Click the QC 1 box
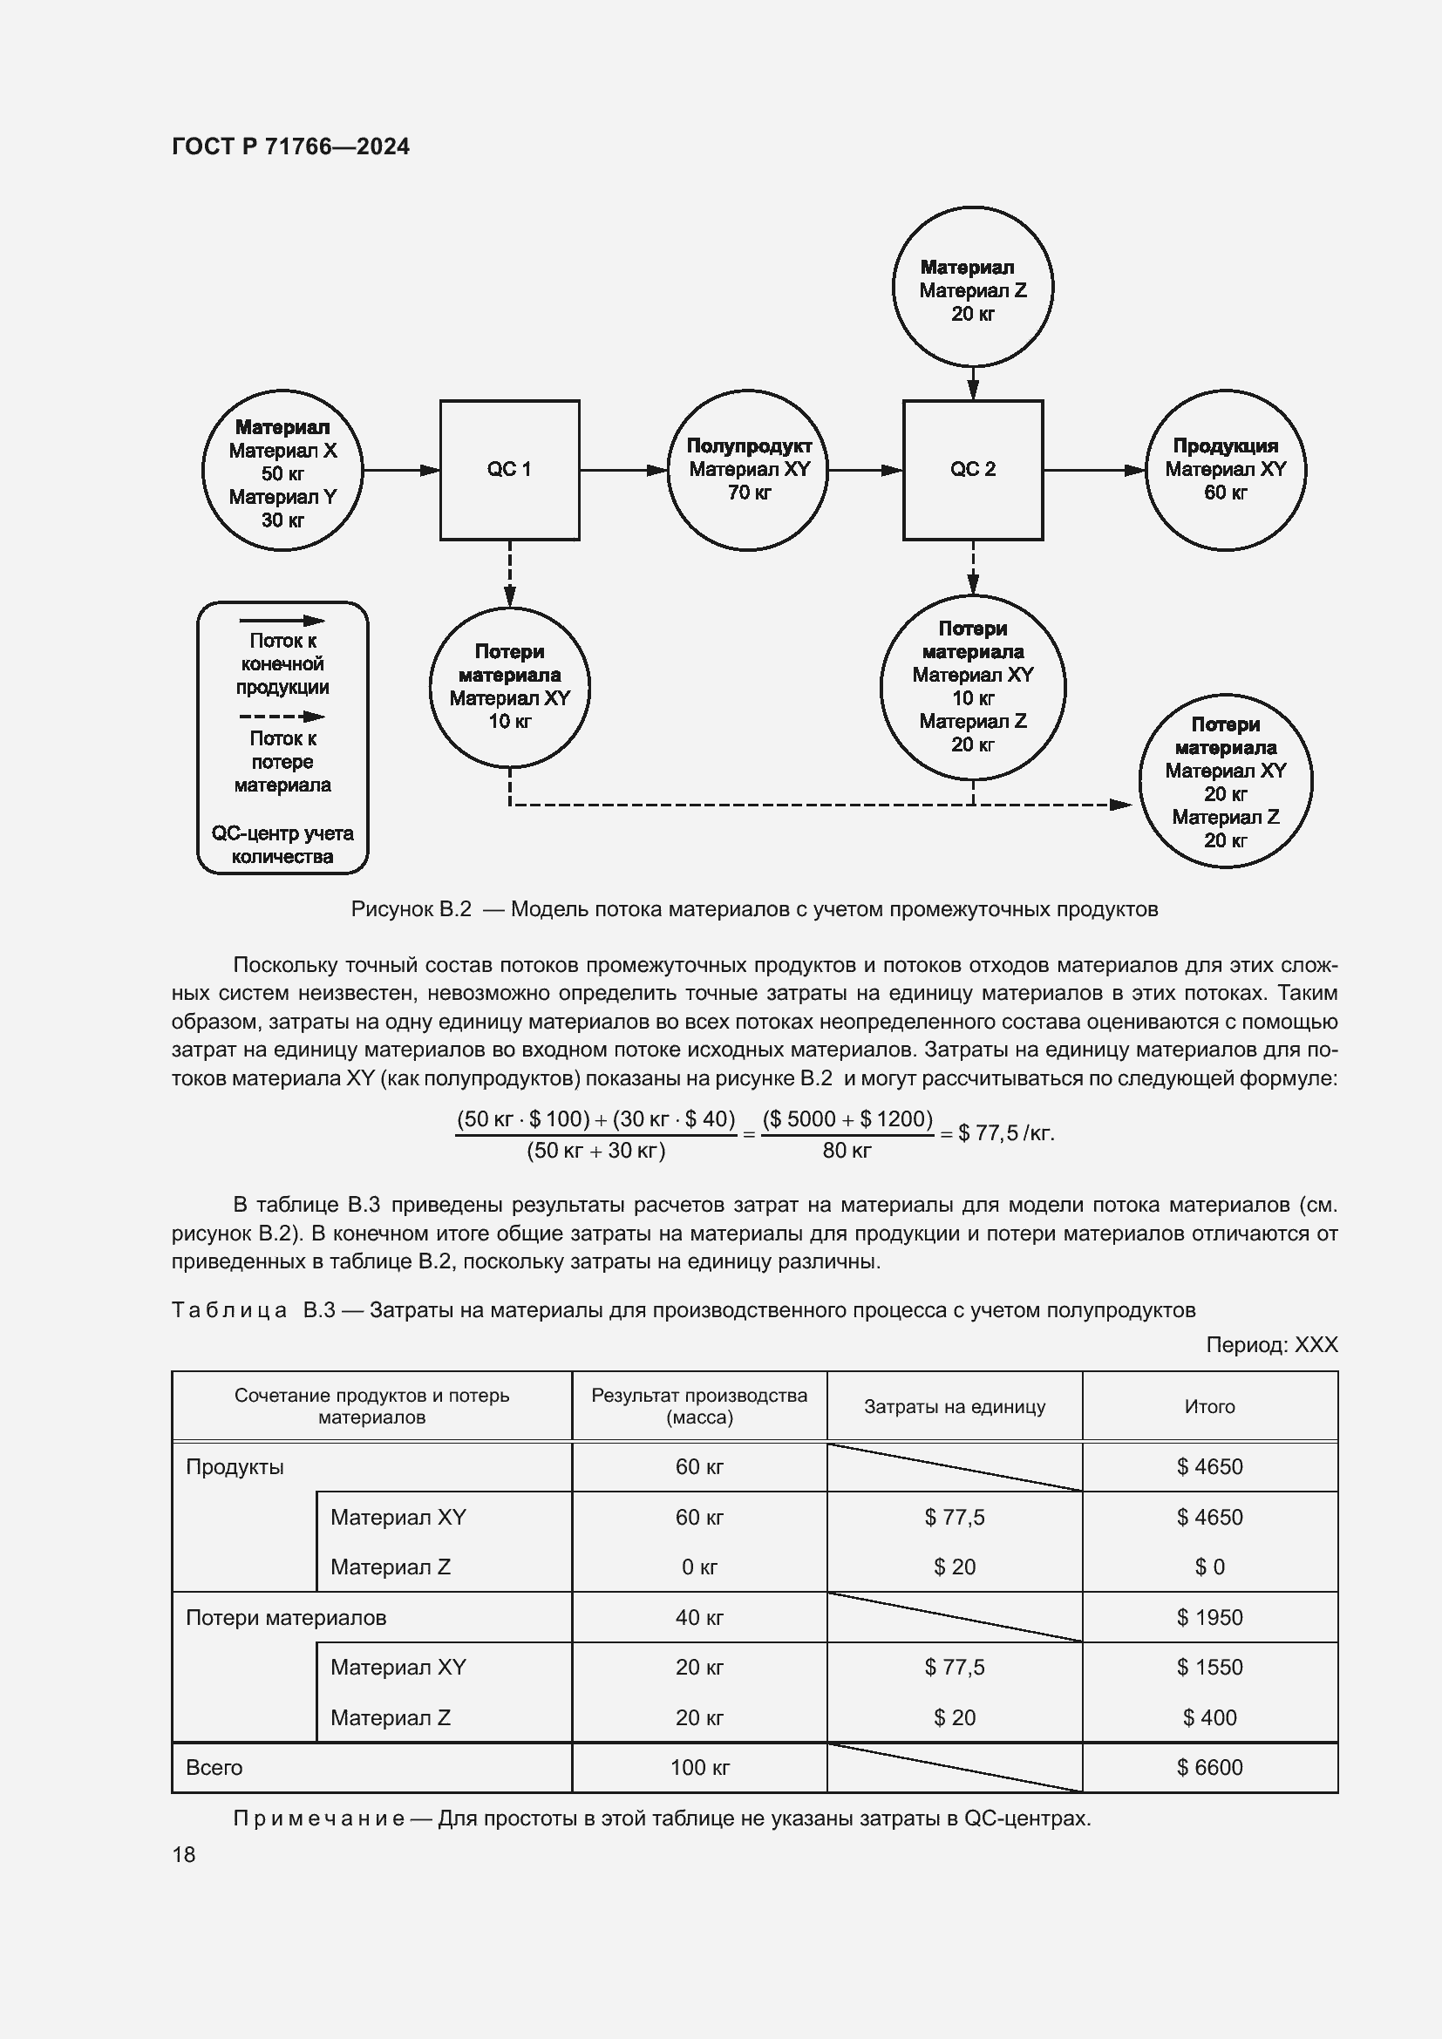point(510,470)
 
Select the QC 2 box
point(972,470)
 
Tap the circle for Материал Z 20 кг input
point(972,287)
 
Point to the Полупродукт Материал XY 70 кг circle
point(748,470)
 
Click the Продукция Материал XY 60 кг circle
point(1225,470)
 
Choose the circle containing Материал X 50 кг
point(282,470)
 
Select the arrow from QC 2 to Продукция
point(1094,470)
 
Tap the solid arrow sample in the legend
point(282,621)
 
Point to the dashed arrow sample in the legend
point(282,717)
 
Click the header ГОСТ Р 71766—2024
point(290,147)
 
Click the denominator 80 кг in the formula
point(847,1151)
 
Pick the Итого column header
point(1209,1407)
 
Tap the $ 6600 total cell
point(1209,1767)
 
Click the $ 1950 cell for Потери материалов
point(1209,1617)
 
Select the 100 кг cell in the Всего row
point(700,1767)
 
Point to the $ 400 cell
point(1209,1717)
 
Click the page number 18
point(184,1854)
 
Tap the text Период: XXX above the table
point(1270,1344)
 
